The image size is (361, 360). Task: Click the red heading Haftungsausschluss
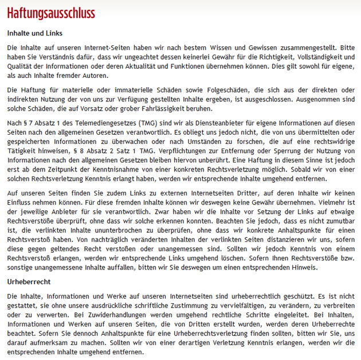[x=51, y=13]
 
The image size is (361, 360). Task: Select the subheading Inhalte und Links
[x=34, y=33]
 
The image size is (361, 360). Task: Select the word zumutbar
[x=335, y=225]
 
